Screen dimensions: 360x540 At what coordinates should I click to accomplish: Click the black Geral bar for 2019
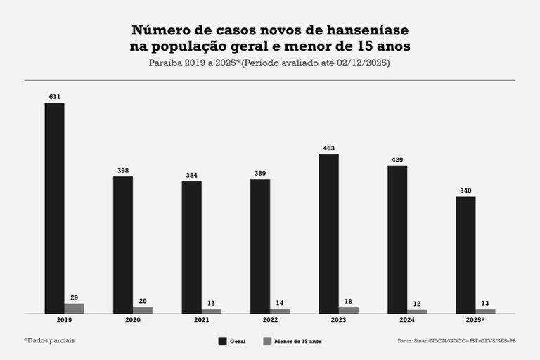54,207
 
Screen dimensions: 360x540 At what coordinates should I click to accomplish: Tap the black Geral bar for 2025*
465,255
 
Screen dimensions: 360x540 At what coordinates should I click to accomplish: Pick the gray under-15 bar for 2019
74,308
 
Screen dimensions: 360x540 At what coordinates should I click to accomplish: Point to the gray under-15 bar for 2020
143,309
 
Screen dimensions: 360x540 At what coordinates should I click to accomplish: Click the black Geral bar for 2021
191,247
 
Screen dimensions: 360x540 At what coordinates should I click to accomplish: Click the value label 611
54,96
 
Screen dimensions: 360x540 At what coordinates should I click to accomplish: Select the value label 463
328,147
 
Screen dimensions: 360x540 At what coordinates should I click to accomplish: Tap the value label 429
397,159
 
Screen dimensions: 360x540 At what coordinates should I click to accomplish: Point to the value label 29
74,296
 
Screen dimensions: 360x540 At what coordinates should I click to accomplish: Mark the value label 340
465,189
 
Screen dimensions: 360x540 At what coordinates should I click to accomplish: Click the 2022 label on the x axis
260,320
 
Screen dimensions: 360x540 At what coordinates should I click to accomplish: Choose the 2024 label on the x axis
397,320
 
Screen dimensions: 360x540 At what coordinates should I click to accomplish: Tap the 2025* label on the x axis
467,320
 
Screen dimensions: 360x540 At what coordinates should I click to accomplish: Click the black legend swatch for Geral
222,341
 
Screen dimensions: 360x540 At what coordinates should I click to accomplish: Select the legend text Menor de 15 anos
297,341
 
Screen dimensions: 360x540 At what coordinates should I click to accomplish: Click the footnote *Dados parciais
49,340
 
